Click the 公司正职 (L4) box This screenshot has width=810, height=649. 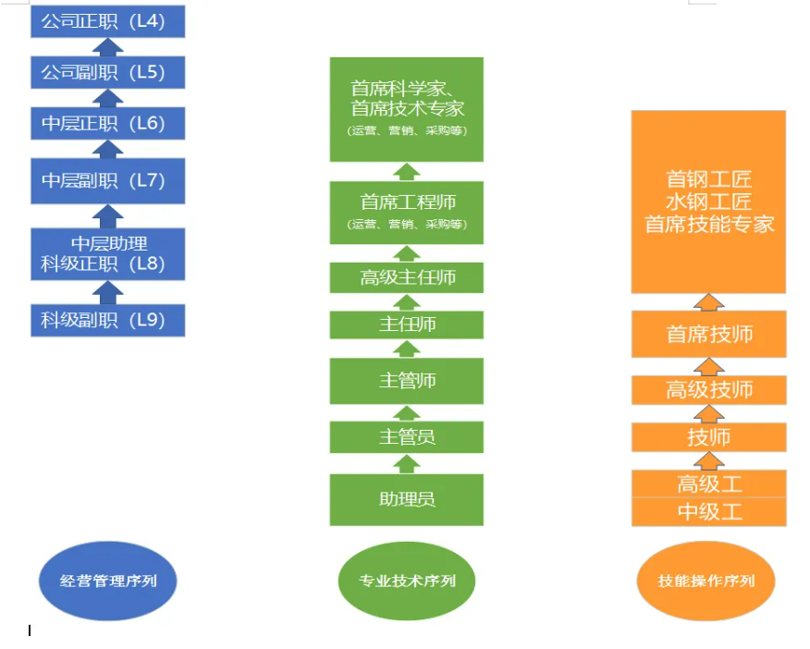pos(107,20)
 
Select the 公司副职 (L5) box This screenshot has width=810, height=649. pos(107,71)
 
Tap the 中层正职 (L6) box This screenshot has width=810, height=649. pos(107,123)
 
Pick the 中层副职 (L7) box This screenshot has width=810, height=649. pos(107,180)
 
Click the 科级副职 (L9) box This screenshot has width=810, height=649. pos(107,321)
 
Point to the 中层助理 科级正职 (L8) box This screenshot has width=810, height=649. pos(107,253)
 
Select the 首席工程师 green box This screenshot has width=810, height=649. pos(407,212)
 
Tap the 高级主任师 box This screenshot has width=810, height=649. pos(407,276)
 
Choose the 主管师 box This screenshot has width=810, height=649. pos(407,380)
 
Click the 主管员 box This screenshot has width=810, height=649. pos(407,436)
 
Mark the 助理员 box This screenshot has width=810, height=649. pos(407,499)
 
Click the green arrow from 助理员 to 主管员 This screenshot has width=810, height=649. pos(407,463)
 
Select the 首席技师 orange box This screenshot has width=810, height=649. pos(709,334)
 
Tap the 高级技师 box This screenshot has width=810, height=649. pos(709,389)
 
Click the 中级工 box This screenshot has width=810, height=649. pos(709,512)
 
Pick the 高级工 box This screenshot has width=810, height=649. pos(709,484)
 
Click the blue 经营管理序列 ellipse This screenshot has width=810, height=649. pos(108,582)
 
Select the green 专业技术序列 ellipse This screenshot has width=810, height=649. pos(407,582)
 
